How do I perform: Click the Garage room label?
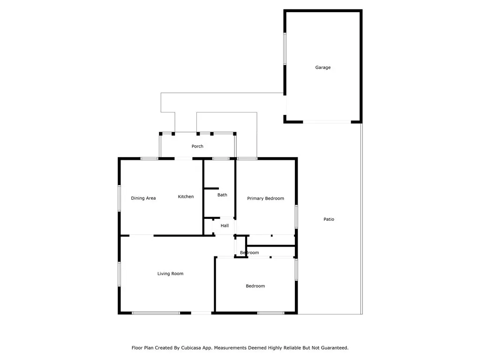[322, 67]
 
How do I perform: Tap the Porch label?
[197, 146]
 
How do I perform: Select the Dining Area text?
[143, 198]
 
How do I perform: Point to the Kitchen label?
[186, 196]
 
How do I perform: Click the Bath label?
[222, 195]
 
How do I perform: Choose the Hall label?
[225, 225]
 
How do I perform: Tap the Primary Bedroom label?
[265, 198]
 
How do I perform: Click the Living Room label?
[170, 273]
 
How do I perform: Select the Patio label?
[329, 219]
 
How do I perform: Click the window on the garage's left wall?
[285, 49]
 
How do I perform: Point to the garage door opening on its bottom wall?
[327, 122]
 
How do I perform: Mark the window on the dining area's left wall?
[119, 198]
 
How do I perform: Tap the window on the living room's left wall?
[119, 274]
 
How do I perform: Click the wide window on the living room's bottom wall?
[156, 313]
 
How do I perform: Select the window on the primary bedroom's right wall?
[296, 217]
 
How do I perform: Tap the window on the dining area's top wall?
[149, 158]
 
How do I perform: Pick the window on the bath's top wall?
[221, 158]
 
